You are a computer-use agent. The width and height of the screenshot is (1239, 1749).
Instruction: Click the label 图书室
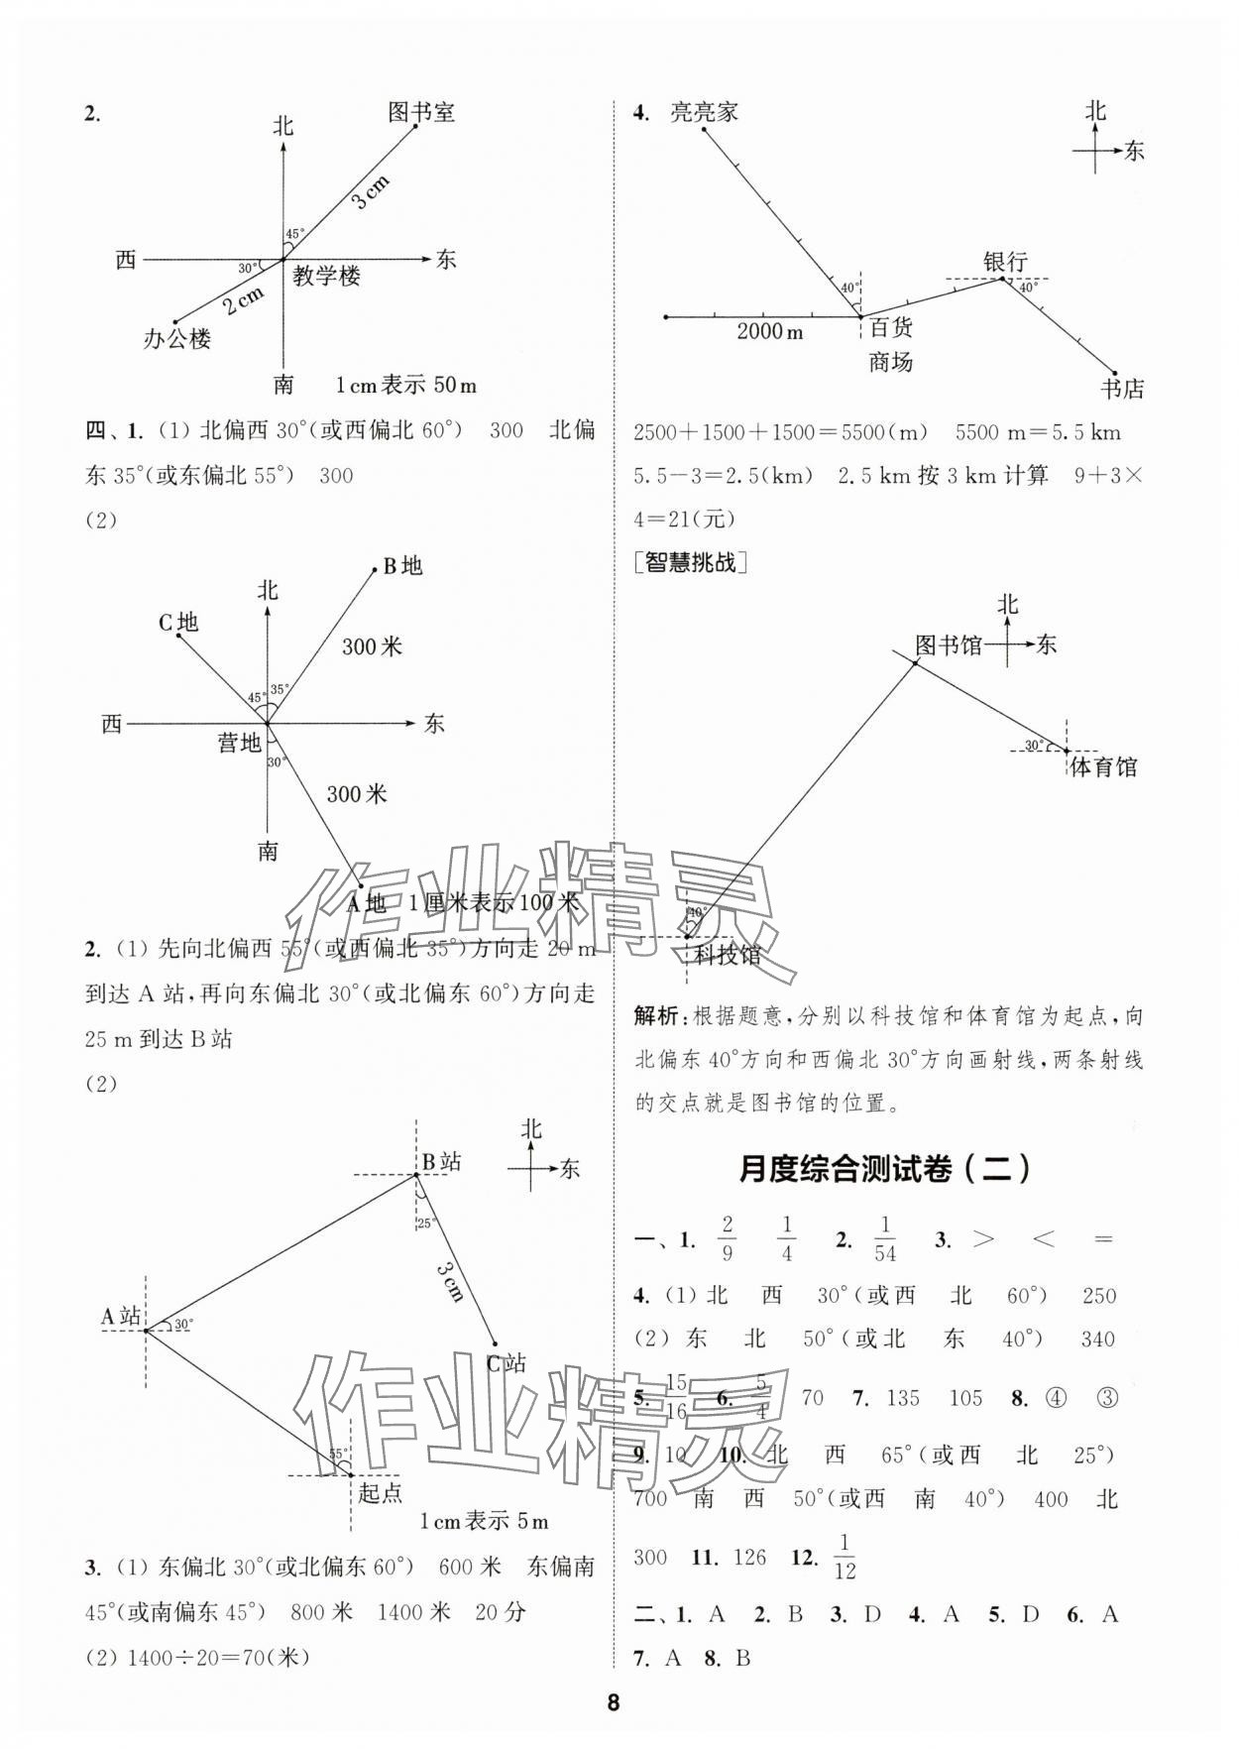pos(421,112)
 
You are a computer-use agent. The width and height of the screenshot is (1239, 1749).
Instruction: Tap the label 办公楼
pos(177,339)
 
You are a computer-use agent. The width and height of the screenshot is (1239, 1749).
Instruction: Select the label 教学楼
pos(326,277)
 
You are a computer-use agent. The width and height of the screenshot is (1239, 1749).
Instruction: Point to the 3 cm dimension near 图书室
pos(372,191)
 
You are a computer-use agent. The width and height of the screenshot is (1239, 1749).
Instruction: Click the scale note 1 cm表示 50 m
pos(406,385)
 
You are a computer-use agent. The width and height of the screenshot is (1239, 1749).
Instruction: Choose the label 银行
pos(1005,262)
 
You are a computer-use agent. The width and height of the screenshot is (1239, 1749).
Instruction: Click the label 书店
pos(1122,389)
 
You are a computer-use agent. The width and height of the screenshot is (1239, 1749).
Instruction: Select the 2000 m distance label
pos(770,331)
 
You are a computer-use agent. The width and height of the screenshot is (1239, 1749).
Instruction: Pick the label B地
pos(402,566)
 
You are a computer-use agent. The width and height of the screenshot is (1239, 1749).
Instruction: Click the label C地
pos(178,622)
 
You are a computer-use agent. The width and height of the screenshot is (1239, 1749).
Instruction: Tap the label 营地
pos(239,742)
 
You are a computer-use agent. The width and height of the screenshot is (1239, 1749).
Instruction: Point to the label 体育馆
pos(1103,766)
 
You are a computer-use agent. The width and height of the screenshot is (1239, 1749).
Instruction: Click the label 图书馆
pos(948,645)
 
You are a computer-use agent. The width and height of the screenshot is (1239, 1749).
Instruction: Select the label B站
pos(442,1162)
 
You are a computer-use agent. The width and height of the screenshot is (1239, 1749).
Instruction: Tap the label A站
pos(121,1316)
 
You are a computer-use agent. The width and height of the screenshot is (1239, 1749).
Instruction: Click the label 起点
pos(381,1493)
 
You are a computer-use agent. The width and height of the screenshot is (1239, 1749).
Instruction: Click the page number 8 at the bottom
pos(614,1703)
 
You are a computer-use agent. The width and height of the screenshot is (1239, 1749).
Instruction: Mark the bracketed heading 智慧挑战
pos(690,563)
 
